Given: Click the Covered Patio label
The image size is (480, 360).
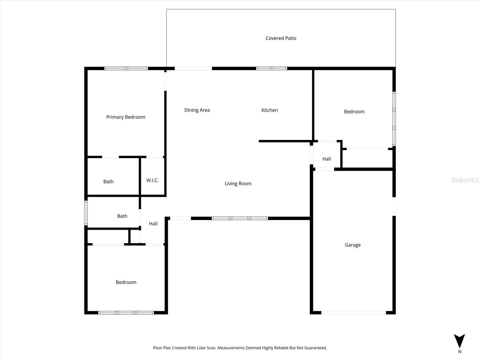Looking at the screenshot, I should pyautogui.click(x=281, y=38).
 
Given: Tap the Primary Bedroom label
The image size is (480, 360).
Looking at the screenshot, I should pyautogui.click(x=126, y=117).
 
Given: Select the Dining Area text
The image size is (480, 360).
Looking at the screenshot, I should pyautogui.click(x=197, y=110).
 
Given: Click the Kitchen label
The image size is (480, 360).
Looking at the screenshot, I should pyautogui.click(x=269, y=110).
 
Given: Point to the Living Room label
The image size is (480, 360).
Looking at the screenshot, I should pyautogui.click(x=238, y=184).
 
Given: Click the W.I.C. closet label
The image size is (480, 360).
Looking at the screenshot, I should pyautogui.click(x=152, y=180).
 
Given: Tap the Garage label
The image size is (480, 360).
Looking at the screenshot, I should pyautogui.click(x=352, y=245).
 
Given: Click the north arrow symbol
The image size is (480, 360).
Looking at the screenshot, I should pyautogui.click(x=459, y=341).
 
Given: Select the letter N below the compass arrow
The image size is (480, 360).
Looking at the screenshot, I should pyautogui.click(x=460, y=352).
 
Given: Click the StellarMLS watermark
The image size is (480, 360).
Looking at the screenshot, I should pyautogui.click(x=465, y=180).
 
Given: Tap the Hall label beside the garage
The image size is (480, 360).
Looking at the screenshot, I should pyautogui.click(x=326, y=159).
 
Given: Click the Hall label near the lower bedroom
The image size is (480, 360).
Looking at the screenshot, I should pyautogui.click(x=153, y=223).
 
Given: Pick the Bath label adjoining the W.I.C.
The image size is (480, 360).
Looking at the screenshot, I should pyautogui.click(x=108, y=181).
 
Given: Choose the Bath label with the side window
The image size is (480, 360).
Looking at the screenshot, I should pyautogui.click(x=122, y=216).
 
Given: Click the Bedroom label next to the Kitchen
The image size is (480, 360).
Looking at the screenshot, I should pyautogui.click(x=354, y=112).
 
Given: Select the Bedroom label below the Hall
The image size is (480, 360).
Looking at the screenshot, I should pyautogui.click(x=126, y=282).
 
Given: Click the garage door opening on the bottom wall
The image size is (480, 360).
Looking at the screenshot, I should pyautogui.click(x=353, y=313).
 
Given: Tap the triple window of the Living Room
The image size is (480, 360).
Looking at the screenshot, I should pyautogui.click(x=240, y=218).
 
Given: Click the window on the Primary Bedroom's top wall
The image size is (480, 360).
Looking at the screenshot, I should pyautogui.click(x=126, y=68).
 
